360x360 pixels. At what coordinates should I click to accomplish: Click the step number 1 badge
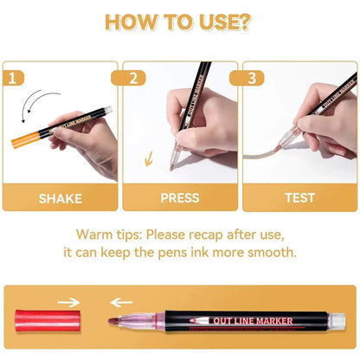pos(14,76)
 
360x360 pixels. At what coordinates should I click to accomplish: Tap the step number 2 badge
pos(133,76)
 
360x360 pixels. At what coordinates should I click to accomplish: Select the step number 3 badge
pos(253,76)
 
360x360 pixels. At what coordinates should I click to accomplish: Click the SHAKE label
pos(61,198)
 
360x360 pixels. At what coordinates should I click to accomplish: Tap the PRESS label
pos(180,198)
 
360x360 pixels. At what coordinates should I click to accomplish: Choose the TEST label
pos(299,198)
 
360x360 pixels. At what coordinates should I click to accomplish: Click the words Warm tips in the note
pos(106,235)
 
